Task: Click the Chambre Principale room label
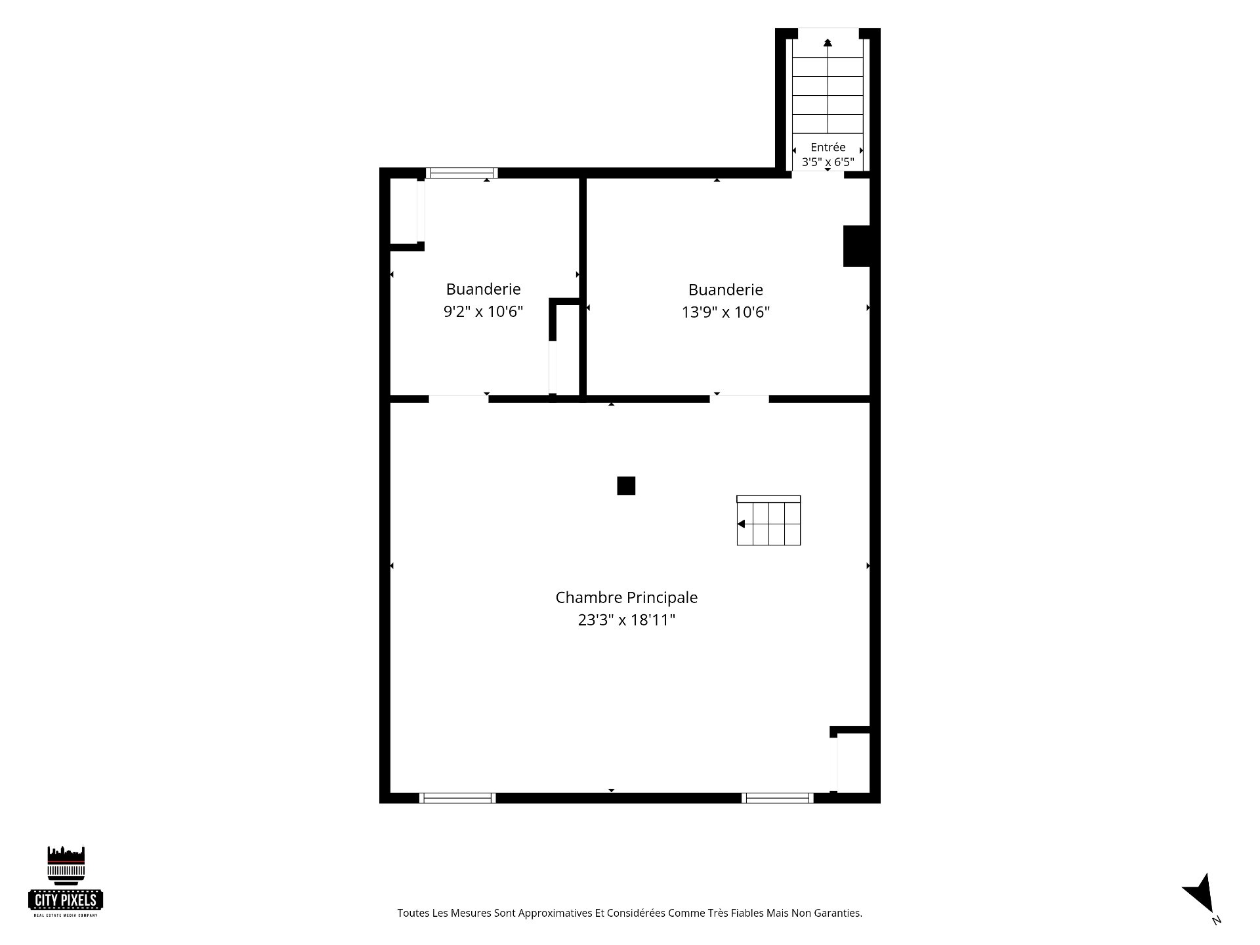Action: tap(627, 598)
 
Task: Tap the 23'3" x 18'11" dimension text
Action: tap(627, 620)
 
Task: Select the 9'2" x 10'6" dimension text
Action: tap(483, 312)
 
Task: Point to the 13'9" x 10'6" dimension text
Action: tap(726, 312)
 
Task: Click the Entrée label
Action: tap(828, 147)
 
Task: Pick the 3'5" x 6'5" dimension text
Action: tap(828, 162)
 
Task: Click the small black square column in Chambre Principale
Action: tap(626, 486)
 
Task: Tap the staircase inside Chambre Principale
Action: tap(768, 520)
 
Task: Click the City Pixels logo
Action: tap(66, 881)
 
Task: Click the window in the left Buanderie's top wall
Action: tap(462, 173)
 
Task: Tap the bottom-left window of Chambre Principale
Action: tap(457, 798)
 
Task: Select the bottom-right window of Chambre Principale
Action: tap(778, 798)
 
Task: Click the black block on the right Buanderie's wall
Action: tap(856, 246)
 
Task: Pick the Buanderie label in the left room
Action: tap(483, 289)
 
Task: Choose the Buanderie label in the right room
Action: tap(726, 289)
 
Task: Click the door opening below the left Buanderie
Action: tap(459, 398)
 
